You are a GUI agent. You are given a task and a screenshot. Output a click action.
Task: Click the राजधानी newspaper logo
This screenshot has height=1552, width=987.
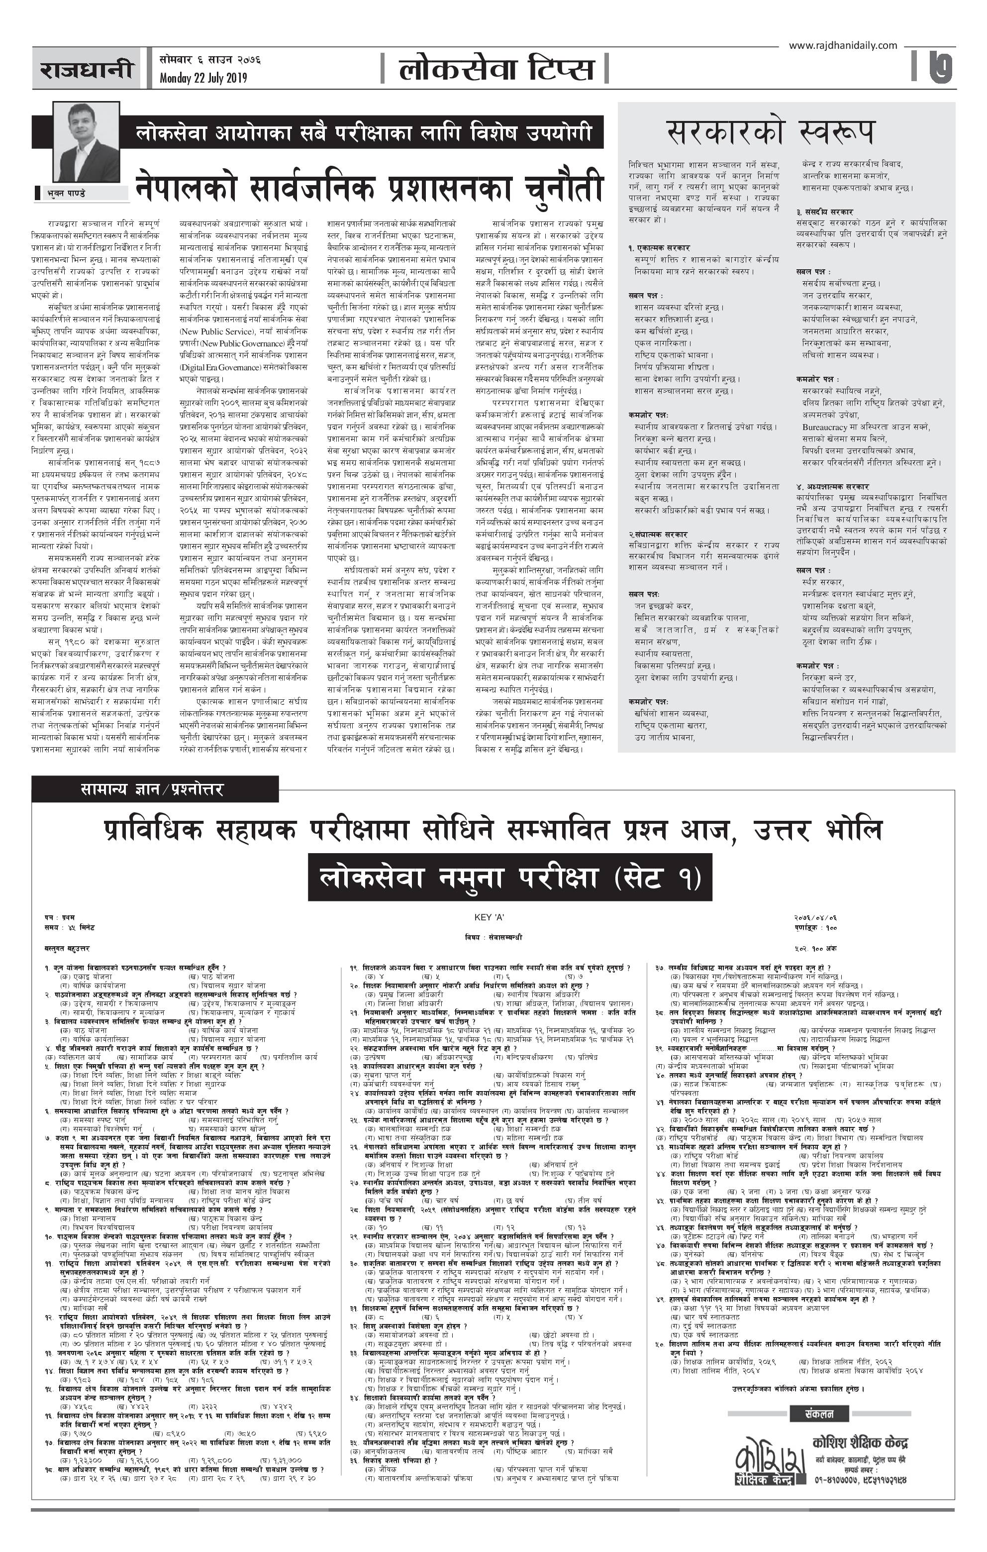[x=88, y=69]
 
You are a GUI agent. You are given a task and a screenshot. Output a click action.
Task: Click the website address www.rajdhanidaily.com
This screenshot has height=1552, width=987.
[x=842, y=45]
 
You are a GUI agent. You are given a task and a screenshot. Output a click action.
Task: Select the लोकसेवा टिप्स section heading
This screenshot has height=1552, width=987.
[x=495, y=68]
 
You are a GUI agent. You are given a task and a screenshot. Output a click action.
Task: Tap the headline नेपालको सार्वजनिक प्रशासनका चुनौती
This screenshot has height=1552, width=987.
[x=369, y=187]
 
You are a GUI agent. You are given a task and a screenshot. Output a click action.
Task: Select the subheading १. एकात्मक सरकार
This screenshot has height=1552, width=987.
[x=659, y=247]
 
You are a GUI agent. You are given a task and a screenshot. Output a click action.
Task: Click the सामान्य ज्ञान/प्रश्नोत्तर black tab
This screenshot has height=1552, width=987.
[x=153, y=789]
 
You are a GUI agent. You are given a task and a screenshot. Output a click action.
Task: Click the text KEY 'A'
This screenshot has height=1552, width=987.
[x=489, y=917]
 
